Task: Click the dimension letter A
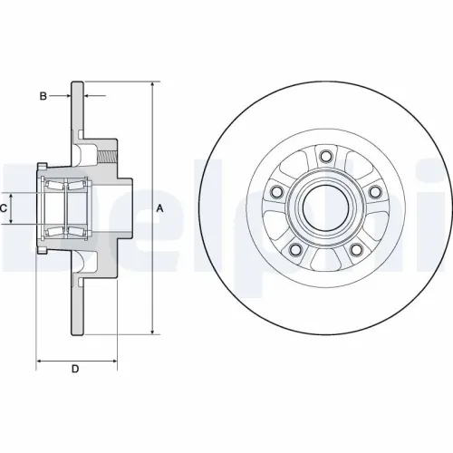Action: [x=159, y=208]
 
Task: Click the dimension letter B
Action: [x=42, y=94]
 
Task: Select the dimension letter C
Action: [x=4, y=208]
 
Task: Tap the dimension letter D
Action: [x=75, y=369]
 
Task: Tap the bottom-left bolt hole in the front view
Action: [x=295, y=249]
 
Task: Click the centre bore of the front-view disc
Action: [x=323, y=205]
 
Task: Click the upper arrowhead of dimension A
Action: [x=150, y=84]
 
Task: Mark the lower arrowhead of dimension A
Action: [x=150, y=333]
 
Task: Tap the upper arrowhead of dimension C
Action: [x=13, y=193]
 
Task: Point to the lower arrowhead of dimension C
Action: [x=13, y=224]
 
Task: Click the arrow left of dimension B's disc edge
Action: [x=66, y=94]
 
